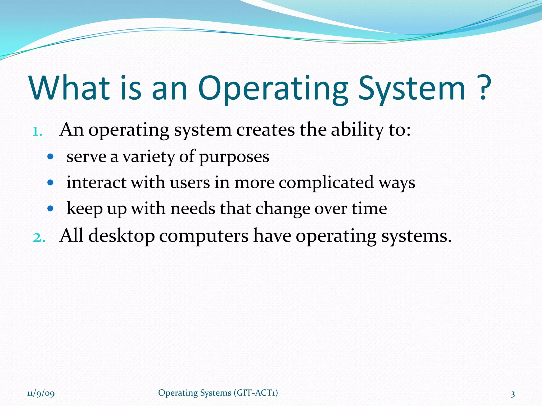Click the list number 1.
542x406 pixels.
tap(37, 131)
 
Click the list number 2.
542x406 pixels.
tap(39, 237)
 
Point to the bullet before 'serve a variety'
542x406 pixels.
tap(50, 157)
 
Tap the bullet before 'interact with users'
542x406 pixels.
tap(50, 182)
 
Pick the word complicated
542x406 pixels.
tap(326, 183)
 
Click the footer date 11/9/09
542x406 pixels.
tap(41, 394)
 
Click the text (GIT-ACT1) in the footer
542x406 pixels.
tap(256, 393)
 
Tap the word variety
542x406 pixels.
tap(148, 157)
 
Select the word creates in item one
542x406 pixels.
tap(265, 131)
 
